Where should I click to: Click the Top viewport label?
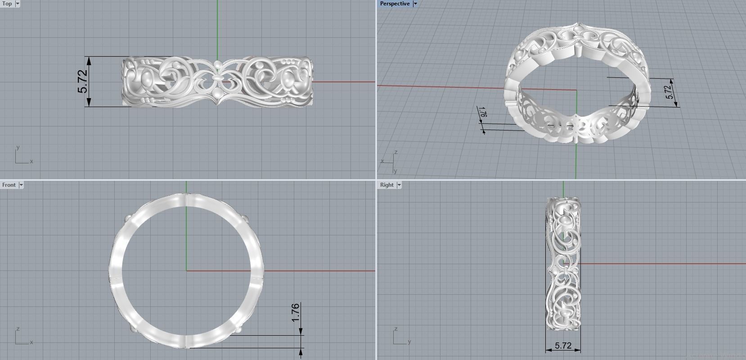[x=7, y=4]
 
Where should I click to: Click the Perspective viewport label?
[x=395, y=4]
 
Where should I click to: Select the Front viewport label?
[x=9, y=185]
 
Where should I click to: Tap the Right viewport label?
[x=386, y=185]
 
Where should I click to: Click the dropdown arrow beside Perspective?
[x=415, y=4]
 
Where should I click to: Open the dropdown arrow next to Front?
[x=21, y=185]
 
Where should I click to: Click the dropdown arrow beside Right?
[x=399, y=185]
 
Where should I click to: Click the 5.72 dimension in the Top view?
[x=83, y=81]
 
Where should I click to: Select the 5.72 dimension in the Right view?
[x=563, y=346]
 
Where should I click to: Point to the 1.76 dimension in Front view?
[x=296, y=313]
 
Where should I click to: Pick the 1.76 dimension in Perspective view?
[x=483, y=112]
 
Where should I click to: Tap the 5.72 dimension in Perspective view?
[x=670, y=92]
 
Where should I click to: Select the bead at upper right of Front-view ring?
[x=246, y=219]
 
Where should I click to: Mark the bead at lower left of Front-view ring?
[x=133, y=329]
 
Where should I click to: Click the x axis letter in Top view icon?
[x=31, y=162]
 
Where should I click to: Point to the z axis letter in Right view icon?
[x=395, y=329]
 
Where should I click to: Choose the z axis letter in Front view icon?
[x=18, y=329]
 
